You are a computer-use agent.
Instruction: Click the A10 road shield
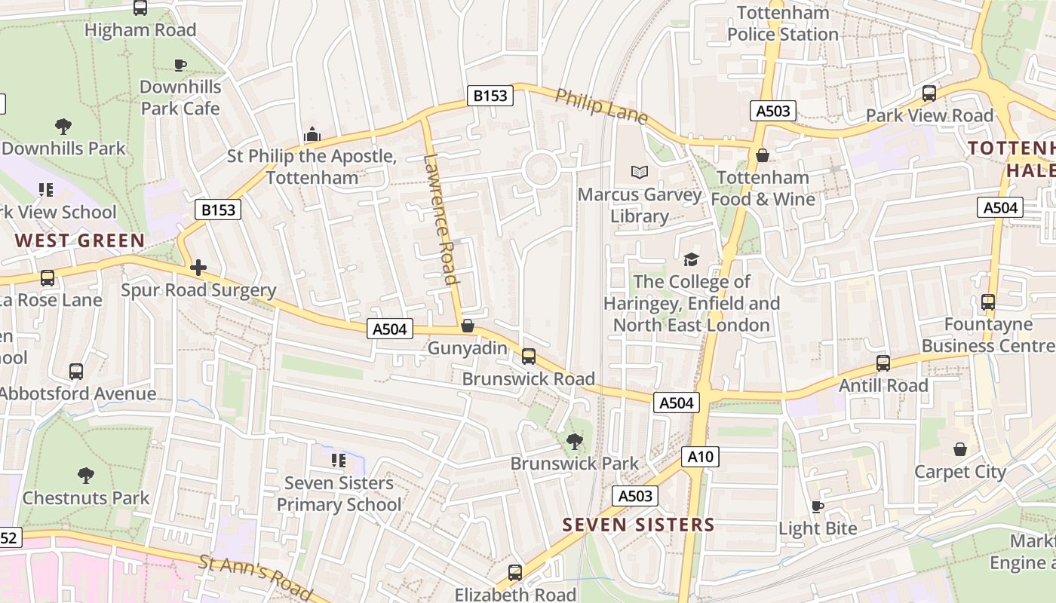pyautogui.click(x=701, y=456)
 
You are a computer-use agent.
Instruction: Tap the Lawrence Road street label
pyautogui.click(x=441, y=219)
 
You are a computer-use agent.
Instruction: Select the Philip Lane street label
pyautogui.click(x=601, y=106)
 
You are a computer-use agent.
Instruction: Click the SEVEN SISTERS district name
pyautogui.click(x=638, y=525)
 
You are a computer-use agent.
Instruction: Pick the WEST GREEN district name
pyautogui.click(x=79, y=241)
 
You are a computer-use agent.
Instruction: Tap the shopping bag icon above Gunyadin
pyautogui.click(x=468, y=326)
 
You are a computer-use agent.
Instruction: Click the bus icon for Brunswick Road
pyautogui.click(x=529, y=356)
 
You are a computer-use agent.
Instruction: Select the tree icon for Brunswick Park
pyautogui.click(x=575, y=442)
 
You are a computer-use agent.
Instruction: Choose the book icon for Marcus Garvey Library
pyautogui.click(x=640, y=173)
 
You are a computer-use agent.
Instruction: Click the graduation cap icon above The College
pyautogui.click(x=691, y=260)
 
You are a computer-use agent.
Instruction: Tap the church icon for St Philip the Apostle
pyautogui.click(x=312, y=134)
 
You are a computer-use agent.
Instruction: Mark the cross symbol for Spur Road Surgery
pyautogui.click(x=198, y=268)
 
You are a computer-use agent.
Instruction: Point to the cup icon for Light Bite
pyautogui.click(x=817, y=507)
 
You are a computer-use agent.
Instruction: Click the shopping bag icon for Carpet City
pyautogui.click(x=959, y=449)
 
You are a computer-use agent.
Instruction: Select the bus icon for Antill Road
pyautogui.click(x=883, y=363)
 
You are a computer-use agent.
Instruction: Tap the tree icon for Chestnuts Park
pyautogui.click(x=86, y=476)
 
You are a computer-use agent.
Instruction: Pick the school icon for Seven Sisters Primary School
pyautogui.click(x=339, y=460)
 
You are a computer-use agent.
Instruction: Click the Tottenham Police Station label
pyautogui.click(x=783, y=23)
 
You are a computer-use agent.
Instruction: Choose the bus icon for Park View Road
pyautogui.click(x=929, y=93)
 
